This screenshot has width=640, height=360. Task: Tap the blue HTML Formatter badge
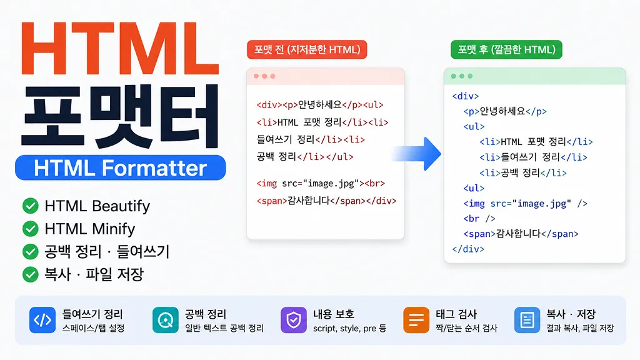coord(121,167)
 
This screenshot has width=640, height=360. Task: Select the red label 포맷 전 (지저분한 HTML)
coord(307,50)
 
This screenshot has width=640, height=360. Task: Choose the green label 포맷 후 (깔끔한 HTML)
coord(506,50)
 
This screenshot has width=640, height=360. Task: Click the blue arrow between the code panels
coord(417,154)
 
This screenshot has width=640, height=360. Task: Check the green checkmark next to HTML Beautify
coord(31,206)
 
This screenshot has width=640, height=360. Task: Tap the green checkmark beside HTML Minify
coord(31,229)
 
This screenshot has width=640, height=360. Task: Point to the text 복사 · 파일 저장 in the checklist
coord(94,274)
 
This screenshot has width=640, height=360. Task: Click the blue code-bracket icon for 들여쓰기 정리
coord(42,320)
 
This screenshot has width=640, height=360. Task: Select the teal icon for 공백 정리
coord(165,320)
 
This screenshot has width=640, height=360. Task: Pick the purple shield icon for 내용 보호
coord(294,320)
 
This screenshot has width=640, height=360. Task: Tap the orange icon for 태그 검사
coord(416,320)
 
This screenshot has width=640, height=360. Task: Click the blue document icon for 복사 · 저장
coord(527,320)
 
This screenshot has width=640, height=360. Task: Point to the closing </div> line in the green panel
coord(468,249)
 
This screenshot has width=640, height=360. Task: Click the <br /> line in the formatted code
coord(479,219)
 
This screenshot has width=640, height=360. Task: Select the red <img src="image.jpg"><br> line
coord(321,184)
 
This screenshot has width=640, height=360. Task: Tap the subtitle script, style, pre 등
coord(350,328)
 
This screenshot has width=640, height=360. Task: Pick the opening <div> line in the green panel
coord(466,96)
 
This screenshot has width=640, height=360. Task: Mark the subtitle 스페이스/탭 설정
coord(94,328)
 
